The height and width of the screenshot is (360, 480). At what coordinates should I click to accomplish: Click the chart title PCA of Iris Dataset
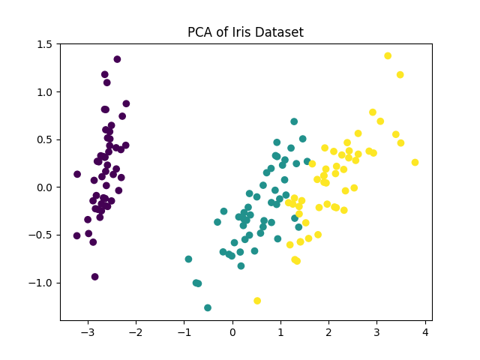click(245, 32)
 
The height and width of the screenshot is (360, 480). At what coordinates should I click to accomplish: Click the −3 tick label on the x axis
click(88, 331)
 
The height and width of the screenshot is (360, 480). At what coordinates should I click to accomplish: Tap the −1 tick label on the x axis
click(184, 331)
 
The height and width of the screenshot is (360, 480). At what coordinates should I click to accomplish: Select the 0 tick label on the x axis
click(232, 331)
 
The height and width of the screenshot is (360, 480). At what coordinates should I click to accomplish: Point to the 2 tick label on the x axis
click(328, 331)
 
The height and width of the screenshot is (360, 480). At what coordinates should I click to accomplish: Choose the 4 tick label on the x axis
click(425, 331)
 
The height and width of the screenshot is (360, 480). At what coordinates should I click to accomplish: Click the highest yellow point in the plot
click(388, 56)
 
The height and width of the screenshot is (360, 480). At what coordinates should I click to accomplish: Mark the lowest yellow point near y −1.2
click(257, 301)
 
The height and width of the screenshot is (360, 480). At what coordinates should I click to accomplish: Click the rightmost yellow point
click(415, 162)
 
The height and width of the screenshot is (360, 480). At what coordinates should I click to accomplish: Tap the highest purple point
click(117, 59)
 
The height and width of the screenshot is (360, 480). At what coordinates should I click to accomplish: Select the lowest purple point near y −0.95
click(94, 277)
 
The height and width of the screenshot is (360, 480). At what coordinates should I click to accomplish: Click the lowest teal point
click(208, 307)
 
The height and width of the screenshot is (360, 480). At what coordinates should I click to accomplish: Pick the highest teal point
click(294, 121)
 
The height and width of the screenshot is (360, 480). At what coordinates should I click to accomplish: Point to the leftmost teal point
click(188, 259)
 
